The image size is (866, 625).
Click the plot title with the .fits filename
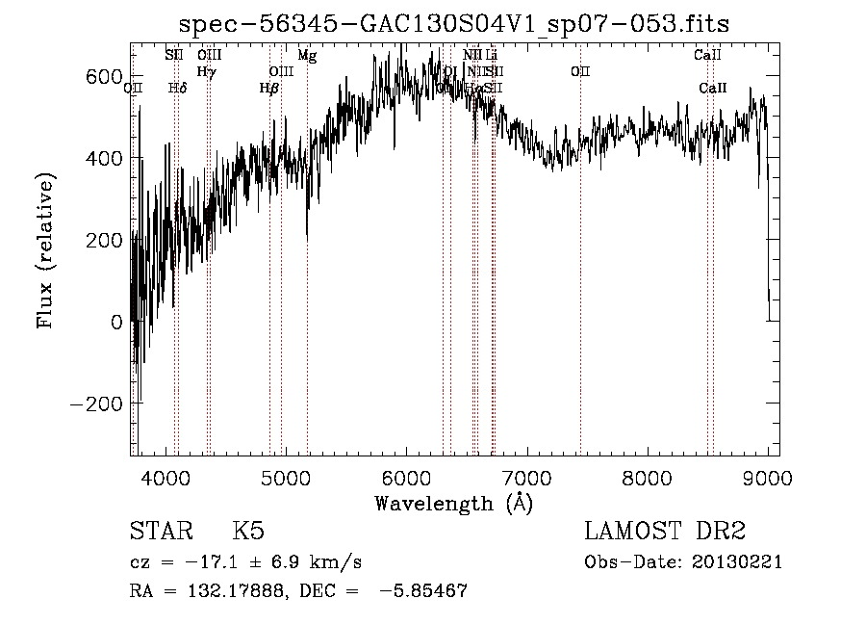(x=454, y=24)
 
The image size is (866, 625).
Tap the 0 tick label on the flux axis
(x=117, y=322)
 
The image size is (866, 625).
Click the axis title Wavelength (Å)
(x=453, y=503)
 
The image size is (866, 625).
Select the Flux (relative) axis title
(x=46, y=250)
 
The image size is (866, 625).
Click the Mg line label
(x=307, y=56)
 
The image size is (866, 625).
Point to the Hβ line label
(x=269, y=88)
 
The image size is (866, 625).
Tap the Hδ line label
(x=177, y=88)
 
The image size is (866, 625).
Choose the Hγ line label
(x=207, y=71)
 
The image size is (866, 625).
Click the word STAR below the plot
(x=160, y=532)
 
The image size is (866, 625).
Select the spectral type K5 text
(x=248, y=532)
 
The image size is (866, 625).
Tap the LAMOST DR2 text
(x=665, y=532)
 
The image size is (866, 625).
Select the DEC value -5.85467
(x=423, y=591)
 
